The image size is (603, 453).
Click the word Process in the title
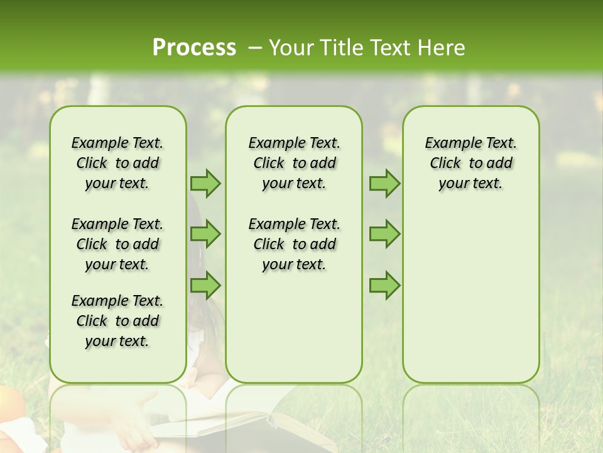point(194,48)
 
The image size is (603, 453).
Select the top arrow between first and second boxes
point(205,183)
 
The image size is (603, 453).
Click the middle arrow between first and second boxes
point(205,234)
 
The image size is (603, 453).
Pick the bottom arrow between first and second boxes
point(205,286)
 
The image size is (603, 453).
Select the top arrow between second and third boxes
point(384,183)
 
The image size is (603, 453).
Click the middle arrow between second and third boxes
point(384,234)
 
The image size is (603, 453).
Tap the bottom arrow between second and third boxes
point(384,286)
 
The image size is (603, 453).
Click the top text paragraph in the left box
point(117,163)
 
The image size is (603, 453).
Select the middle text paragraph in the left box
point(117,244)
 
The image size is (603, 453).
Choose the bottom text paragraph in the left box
point(117,321)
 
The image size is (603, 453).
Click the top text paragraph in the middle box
point(294,163)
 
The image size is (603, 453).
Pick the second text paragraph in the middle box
point(294,244)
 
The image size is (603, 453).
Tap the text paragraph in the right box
point(470,163)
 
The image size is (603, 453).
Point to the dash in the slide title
point(255,48)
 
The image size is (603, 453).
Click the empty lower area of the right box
point(470,302)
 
